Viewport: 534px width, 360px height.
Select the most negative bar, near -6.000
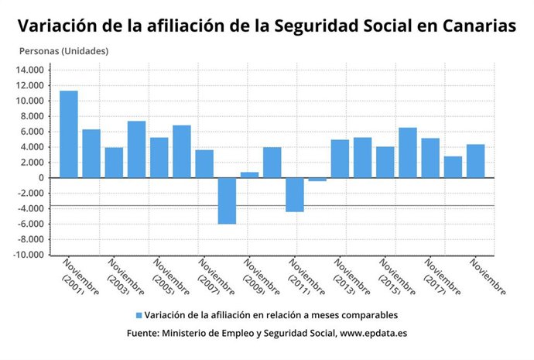227,201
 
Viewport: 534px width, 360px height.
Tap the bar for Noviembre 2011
295,194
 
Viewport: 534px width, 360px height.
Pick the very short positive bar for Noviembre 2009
249,174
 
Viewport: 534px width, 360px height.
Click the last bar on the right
476,161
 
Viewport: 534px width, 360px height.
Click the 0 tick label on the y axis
43,178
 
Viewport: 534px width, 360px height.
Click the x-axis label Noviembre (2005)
169,277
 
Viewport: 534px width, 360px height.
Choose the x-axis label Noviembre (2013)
350,277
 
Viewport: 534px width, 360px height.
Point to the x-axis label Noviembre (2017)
440,277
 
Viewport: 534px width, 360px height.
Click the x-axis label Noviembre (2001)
79,277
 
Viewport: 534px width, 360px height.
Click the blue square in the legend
139,315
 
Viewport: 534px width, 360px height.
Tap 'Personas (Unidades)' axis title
63,51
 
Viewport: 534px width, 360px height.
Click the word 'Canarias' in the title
479,26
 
